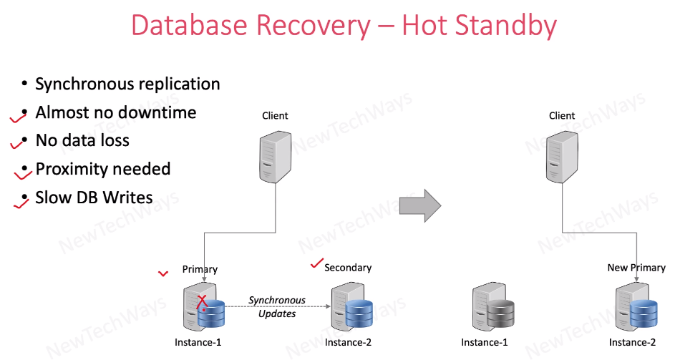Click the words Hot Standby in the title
479,26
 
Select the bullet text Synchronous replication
127,84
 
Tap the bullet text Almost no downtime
115,112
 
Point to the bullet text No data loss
82,140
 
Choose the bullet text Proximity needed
102,169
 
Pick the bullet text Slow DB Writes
94,198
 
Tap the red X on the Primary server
203,302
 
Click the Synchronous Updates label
277,306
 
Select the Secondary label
348,268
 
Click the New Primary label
636,268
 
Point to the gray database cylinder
500,313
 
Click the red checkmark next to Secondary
316,265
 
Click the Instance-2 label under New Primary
632,342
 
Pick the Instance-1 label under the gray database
485,342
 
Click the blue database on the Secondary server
357,313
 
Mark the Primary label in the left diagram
200,269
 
